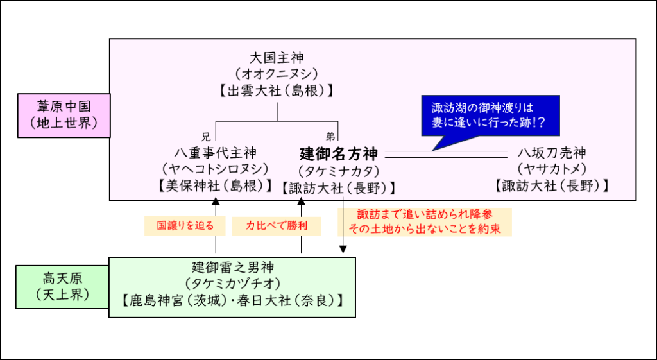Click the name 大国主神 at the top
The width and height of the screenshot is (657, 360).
pos(277,58)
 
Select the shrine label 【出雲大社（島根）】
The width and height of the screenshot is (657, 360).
pos(277,90)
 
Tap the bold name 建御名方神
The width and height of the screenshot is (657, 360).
pos(339,154)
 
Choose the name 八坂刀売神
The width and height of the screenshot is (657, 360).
pos(552,153)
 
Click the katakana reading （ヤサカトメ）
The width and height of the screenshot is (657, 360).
pos(552,169)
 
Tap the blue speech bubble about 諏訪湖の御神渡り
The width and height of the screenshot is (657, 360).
pos(490,115)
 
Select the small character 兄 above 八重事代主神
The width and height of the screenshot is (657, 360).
pos(205,136)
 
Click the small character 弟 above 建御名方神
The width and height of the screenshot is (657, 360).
pos(330,136)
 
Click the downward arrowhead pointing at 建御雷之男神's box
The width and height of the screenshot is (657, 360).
pos(343,250)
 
